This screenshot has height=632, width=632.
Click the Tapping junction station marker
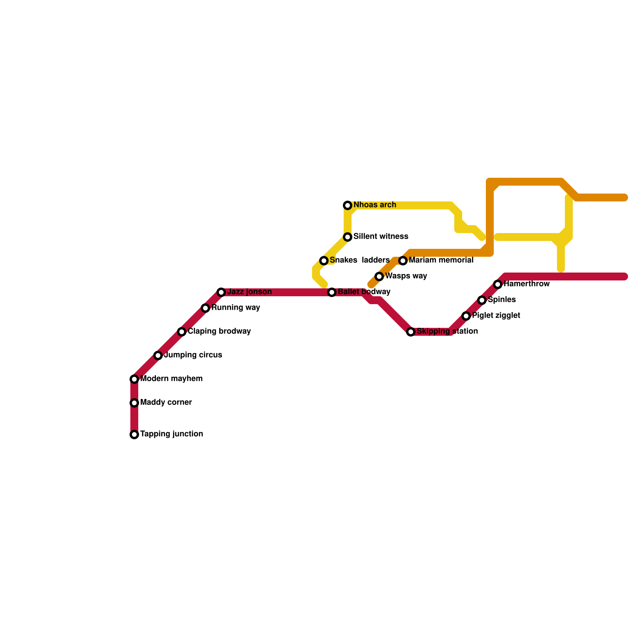tap(134, 434)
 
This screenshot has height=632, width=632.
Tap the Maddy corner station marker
tap(134, 403)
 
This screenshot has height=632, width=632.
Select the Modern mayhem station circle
tap(134, 379)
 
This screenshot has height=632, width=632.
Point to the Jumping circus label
tap(193, 355)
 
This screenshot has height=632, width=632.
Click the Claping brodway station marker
tap(182, 332)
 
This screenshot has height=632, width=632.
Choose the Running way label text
tap(235, 308)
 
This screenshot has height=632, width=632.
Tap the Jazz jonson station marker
tap(221, 292)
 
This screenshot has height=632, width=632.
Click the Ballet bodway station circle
tap(332, 292)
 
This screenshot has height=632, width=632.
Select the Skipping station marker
tap(411, 332)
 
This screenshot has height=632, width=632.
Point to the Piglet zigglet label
tap(496, 316)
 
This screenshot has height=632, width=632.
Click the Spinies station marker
tap(482, 300)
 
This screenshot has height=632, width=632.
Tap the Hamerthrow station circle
tap(498, 284)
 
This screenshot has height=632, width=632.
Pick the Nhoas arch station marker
tap(348, 205)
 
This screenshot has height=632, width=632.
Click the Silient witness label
tap(380, 237)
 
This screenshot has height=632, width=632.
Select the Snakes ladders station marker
tap(324, 261)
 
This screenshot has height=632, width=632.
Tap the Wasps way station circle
tap(379, 276)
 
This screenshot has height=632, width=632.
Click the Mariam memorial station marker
tap(403, 261)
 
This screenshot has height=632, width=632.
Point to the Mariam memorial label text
tap(441, 260)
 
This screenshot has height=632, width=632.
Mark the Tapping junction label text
tap(171, 434)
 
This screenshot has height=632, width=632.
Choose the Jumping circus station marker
tap(158, 355)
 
